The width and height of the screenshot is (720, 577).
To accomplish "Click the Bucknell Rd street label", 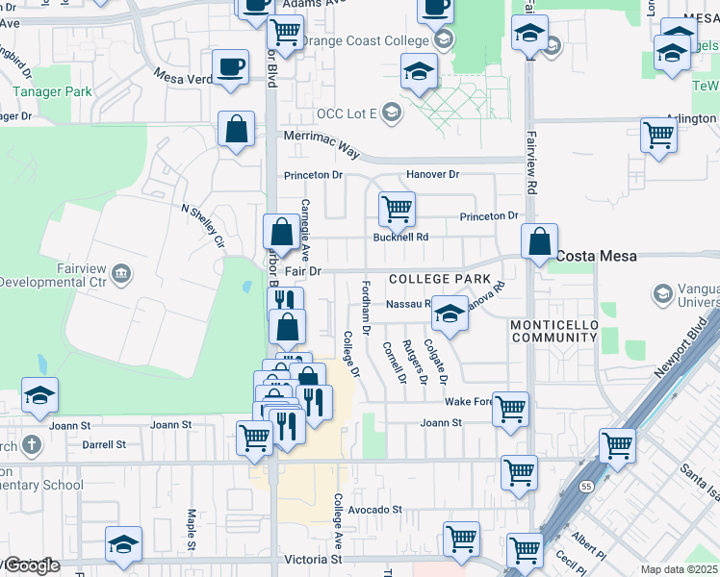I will tap(400, 237).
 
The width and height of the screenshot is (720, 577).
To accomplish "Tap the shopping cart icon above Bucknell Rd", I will tap(396, 208).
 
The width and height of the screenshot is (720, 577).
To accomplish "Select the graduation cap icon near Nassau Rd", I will tap(450, 313).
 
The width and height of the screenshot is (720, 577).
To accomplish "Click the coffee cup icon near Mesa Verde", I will tap(230, 66).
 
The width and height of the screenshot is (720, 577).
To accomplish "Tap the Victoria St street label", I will tap(314, 559).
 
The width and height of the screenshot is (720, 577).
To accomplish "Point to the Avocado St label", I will tap(374, 509).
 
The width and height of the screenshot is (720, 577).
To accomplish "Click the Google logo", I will tap(31, 565).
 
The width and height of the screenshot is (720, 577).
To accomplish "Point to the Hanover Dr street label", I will tap(433, 174).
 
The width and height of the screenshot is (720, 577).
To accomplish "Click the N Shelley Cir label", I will tap(203, 224).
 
